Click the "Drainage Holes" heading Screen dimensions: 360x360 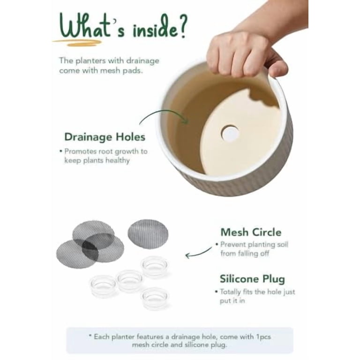pyautogui.click(x=105, y=137)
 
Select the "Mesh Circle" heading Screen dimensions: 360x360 pyautogui.click(x=251, y=232)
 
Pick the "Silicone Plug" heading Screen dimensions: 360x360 pyautogui.click(x=252, y=279)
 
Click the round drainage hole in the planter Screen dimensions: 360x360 pyautogui.click(x=230, y=133)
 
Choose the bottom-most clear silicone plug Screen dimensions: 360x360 pyautogui.click(x=155, y=298)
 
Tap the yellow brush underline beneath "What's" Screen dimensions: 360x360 pyautogui.click(x=77, y=42)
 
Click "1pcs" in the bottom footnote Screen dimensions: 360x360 pyautogui.click(x=263, y=337)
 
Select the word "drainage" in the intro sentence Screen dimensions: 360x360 pyautogui.click(x=142, y=61)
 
